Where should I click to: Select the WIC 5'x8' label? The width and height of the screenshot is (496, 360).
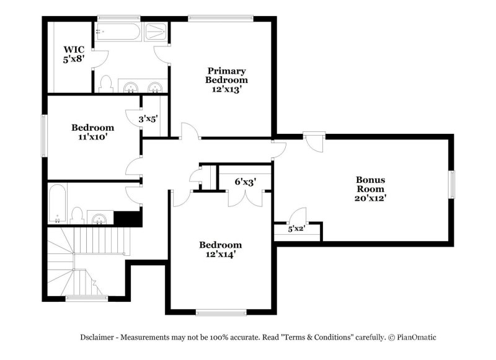pyautogui.click(x=73, y=54)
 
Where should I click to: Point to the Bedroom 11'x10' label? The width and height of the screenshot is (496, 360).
pyautogui.click(x=92, y=133)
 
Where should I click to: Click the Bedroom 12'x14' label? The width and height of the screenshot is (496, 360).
pyautogui.click(x=220, y=249)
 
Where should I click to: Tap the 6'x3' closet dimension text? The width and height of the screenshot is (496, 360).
pyautogui.click(x=245, y=182)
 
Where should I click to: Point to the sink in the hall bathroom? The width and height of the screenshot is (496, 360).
pyautogui.click(x=99, y=217)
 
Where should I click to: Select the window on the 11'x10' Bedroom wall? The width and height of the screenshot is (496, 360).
pyautogui.click(x=43, y=135)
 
